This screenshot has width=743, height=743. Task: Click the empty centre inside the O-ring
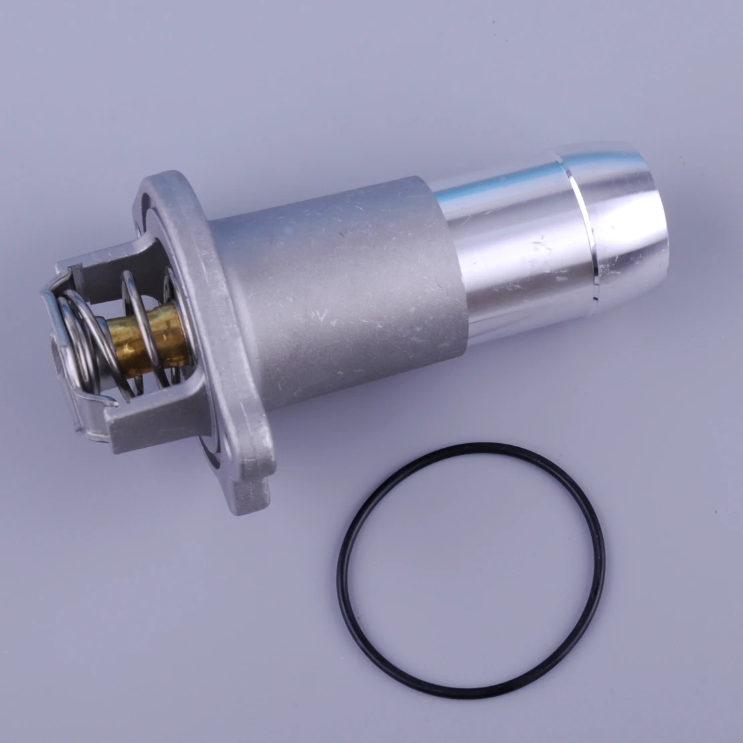472,566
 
